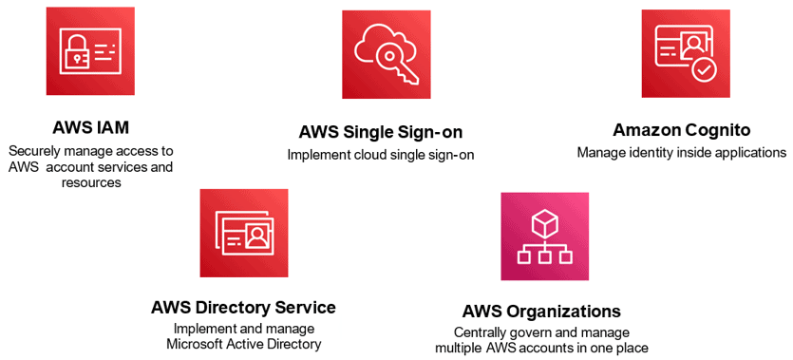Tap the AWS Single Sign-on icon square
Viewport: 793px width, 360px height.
point(387,54)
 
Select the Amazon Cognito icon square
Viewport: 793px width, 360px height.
point(686,54)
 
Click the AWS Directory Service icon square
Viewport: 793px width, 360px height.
point(244,233)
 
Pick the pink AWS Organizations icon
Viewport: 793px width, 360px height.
point(544,237)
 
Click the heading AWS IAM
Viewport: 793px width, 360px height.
point(91,128)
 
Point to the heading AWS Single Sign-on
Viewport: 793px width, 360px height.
point(381,131)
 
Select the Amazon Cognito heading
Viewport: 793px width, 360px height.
point(682,129)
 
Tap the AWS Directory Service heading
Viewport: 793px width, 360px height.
point(243,307)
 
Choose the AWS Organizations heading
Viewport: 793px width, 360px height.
point(541,311)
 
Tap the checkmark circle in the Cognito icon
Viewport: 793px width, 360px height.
point(702,68)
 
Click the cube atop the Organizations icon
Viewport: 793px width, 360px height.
point(544,224)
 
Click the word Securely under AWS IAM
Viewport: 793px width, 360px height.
point(35,151)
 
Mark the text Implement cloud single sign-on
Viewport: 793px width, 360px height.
point(381,154)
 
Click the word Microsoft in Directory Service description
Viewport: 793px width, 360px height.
point(196,344)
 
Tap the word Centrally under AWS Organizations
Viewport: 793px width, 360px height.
point(481,332)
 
